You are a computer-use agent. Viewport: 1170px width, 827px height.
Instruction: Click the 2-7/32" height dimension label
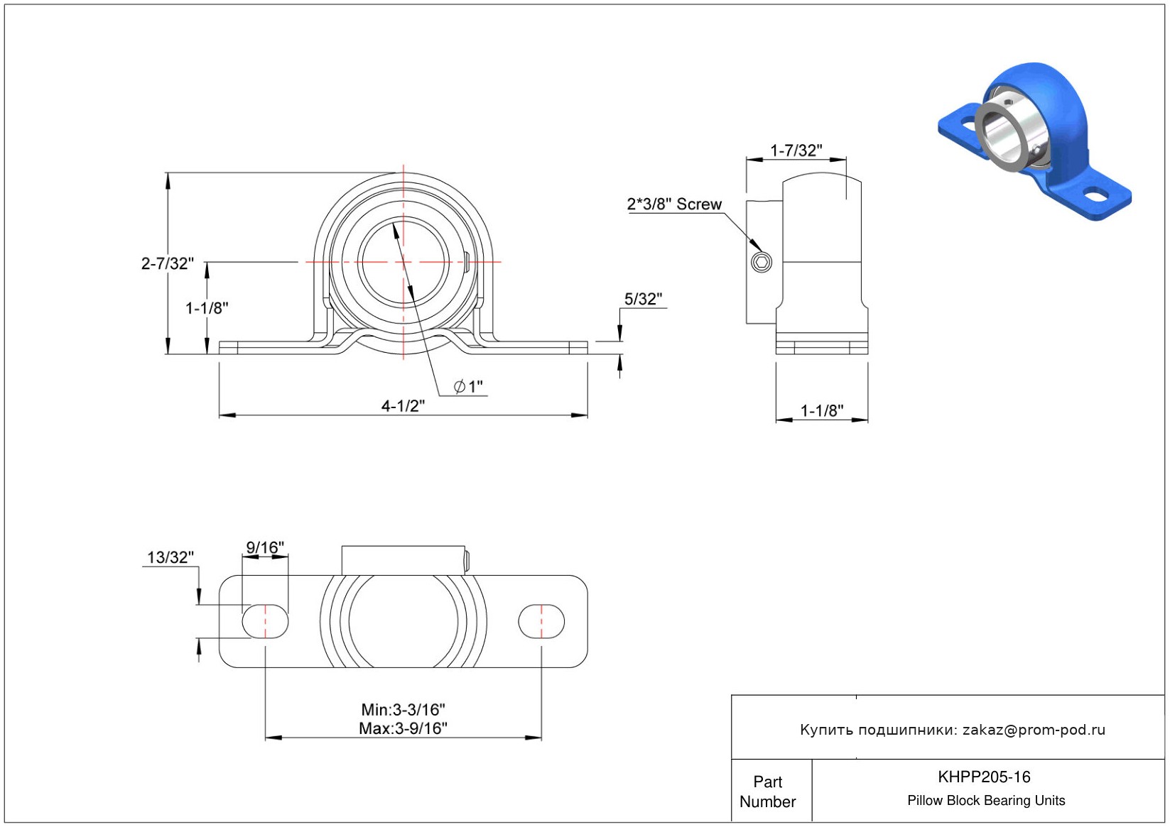(x=167, y=263)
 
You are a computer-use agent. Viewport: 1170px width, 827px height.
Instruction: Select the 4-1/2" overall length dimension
(x=403, y=405)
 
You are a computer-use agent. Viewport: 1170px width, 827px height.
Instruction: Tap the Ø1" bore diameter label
(x=469, y=386)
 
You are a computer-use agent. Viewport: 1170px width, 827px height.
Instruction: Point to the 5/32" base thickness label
(x=643, y=299)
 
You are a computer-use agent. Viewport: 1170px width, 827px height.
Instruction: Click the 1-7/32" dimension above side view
(x=796, y=150)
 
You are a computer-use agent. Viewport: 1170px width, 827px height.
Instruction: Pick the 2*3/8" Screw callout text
(x=674, y=204)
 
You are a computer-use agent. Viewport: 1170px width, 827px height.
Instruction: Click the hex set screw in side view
(x=762, y=263)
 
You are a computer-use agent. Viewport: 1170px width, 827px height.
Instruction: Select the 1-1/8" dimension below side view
(x=822, y=410)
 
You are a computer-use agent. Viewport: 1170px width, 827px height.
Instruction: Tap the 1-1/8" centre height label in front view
(x=207, y=308)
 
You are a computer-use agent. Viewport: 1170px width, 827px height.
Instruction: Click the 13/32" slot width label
(x=170, y=557)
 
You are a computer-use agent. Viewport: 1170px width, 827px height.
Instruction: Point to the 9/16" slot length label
(x=265, y=547)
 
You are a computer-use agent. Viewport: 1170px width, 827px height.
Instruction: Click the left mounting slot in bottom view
(x=266, y=622)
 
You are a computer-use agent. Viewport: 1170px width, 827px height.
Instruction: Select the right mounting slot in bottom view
(x=541, y=622)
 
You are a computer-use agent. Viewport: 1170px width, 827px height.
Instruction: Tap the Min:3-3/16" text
(x=403, y=709)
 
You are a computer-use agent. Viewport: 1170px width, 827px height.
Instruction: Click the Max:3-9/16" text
(x=403, y=728)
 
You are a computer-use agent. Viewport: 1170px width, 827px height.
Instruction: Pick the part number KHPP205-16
(x=984, y=777)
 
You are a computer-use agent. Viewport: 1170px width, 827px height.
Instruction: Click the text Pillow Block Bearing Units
(x=986, y=801)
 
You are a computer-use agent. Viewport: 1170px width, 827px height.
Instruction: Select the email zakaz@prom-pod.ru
(x=1034, y=730)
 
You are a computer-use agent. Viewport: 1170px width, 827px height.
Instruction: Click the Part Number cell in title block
(x=768, y=792)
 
